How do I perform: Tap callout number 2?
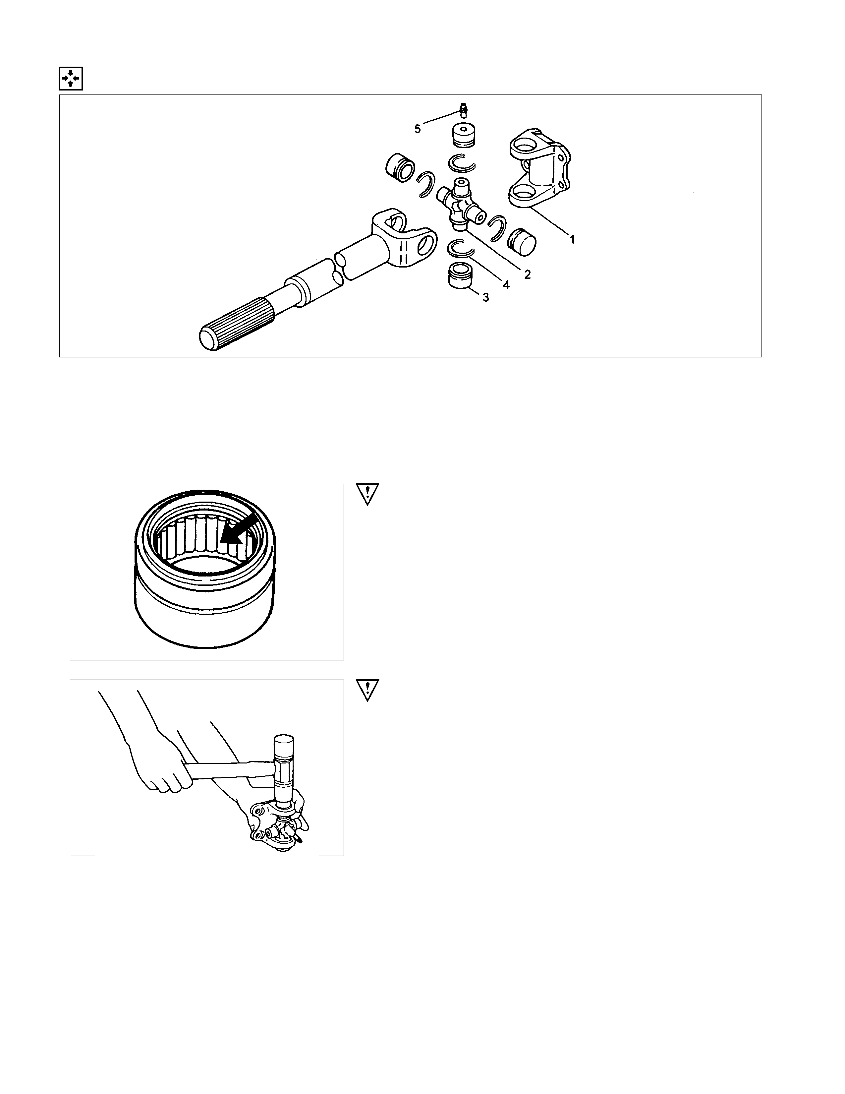tap(527, 274)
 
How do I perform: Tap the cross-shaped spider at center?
tap(461, 204)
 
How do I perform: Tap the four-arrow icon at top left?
tap(71, 79)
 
